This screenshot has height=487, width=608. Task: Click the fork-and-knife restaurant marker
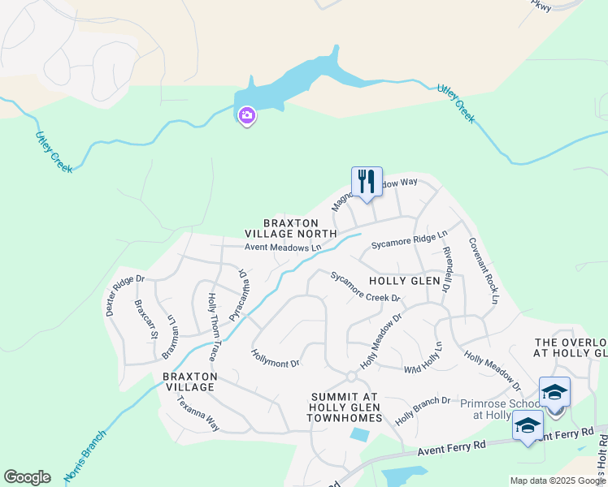point(367,182)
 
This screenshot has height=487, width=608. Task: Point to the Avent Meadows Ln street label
point(284,248)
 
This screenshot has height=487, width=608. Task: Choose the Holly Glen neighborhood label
point(404,281)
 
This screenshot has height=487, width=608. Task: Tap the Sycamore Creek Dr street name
point(366,287)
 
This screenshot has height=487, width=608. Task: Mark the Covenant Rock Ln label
point(482,271)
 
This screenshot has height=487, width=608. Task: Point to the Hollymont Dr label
point(276,358)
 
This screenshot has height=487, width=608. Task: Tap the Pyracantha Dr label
point(240,295)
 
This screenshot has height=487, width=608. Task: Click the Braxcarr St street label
point(146,318)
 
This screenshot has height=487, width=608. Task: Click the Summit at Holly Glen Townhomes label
point(344,407)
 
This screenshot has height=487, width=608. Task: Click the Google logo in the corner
point(27,477)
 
